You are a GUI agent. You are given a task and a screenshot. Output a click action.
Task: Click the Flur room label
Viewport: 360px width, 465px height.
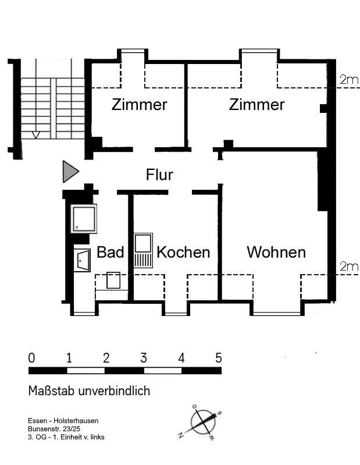click(159, 174)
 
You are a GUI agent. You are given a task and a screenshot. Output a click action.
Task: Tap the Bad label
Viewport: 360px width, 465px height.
click(111, 252)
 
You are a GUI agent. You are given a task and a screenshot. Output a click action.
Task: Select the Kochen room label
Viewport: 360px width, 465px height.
click(183, 252)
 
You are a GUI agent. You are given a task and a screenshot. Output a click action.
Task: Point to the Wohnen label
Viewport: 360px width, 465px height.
click(276, 252)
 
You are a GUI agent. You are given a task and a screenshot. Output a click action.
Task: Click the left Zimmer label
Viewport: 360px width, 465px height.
click(140, 105)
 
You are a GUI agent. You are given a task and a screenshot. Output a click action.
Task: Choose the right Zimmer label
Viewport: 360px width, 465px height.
click(257, 105)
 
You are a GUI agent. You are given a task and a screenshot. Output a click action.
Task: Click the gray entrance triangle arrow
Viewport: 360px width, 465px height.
click(70, 172)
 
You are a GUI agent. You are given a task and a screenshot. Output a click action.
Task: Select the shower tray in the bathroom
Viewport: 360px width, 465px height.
click(83, 218)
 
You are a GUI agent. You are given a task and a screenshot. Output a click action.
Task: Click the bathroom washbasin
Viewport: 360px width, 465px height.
click(82, 260)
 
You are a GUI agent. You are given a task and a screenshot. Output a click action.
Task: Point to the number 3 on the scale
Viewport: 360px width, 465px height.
click(143, 358)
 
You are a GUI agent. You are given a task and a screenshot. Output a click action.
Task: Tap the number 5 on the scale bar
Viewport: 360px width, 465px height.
click(219, 358)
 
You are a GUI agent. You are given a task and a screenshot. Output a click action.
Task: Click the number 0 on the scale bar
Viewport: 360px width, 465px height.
click(31, 358)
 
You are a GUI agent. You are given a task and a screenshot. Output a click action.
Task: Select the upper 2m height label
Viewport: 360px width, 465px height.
click(349, 80)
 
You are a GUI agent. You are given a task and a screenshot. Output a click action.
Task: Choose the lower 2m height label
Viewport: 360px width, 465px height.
click(349, 267)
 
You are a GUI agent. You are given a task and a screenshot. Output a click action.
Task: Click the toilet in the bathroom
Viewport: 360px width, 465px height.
click(114, 280)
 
